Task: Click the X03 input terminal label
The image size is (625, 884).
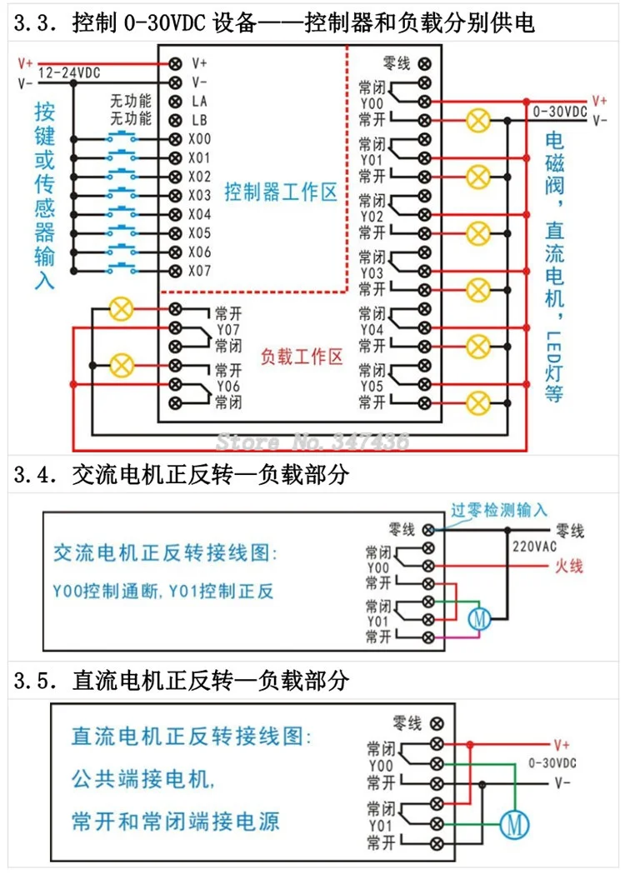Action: tap(200, 196)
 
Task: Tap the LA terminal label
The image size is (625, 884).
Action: tap(200, 102)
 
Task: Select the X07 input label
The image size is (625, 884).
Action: tap(200, 271)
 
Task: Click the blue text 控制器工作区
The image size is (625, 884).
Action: tap(280, 192)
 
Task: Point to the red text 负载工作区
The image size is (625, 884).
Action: tap(302, 357)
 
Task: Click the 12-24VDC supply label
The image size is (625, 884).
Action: tap(69, 72)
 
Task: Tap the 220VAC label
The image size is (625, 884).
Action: tap(534, 547)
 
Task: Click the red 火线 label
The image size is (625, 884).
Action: tap(568, 566)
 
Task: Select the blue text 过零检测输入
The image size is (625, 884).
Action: tap(498, 510)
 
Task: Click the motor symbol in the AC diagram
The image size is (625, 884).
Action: tap(479, 619)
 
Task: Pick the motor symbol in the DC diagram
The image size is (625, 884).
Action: tap(514, 825)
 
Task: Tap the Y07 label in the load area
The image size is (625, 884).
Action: tap(228, 329)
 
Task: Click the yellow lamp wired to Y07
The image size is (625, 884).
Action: tap(122, 309)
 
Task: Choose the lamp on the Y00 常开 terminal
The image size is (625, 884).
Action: tap(477, 121)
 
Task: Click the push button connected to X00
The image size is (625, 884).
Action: tap(122, 137)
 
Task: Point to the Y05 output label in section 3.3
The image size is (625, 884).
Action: tap(372, 387)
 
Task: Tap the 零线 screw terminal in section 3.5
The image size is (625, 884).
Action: tap(437, 723)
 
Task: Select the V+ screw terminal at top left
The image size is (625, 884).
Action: tap(176, 63)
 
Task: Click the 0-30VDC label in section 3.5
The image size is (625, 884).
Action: tap(552, 763)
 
